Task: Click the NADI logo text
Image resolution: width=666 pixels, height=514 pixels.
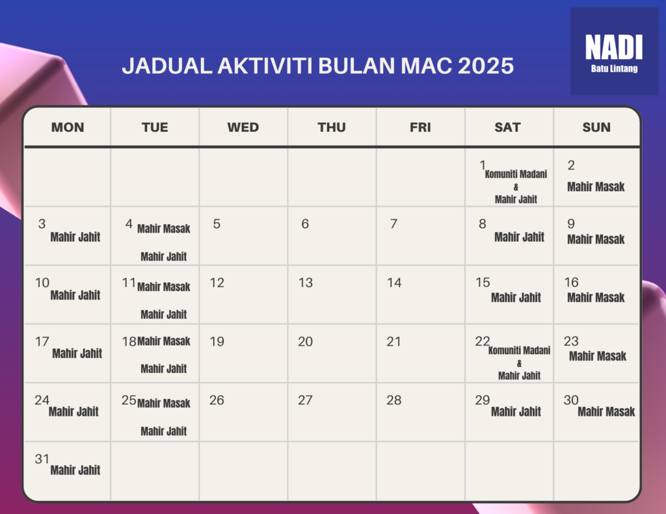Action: tap(614, 47)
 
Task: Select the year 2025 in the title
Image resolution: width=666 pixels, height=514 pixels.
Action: tap(486, 66)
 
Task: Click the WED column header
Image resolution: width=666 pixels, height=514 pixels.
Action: tap(243, 127)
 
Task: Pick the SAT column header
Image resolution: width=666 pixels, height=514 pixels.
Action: tap(507, 127)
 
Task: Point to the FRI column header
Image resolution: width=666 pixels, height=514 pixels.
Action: tap(420, 127)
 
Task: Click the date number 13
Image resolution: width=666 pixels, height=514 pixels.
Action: tap(306, 283)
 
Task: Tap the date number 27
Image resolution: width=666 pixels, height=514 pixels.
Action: tap(305, 400)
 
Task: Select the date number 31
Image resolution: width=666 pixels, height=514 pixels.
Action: tap(42, 459)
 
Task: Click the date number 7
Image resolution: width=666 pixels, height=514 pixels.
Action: tap(393, 224)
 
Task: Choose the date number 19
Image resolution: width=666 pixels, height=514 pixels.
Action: tap(217, 342)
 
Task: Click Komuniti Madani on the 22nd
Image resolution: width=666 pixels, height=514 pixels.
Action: tap(519, 351)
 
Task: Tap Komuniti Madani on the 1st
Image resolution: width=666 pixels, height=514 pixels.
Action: tap(516, 174)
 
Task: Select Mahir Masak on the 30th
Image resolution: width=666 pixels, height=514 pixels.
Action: tap(606, 412)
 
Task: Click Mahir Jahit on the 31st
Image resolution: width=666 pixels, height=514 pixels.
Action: tap(75, 470)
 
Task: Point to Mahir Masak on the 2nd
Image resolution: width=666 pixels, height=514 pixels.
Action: tap(596, 186)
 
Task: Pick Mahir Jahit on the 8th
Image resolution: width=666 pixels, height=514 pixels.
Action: tap(519, 237)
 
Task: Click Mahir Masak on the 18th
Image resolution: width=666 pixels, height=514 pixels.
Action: tap(163, 341)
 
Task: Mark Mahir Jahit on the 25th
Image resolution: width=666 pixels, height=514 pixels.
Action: tap(163, 431)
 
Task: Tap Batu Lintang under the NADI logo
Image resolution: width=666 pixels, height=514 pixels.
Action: tap(614, 69)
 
